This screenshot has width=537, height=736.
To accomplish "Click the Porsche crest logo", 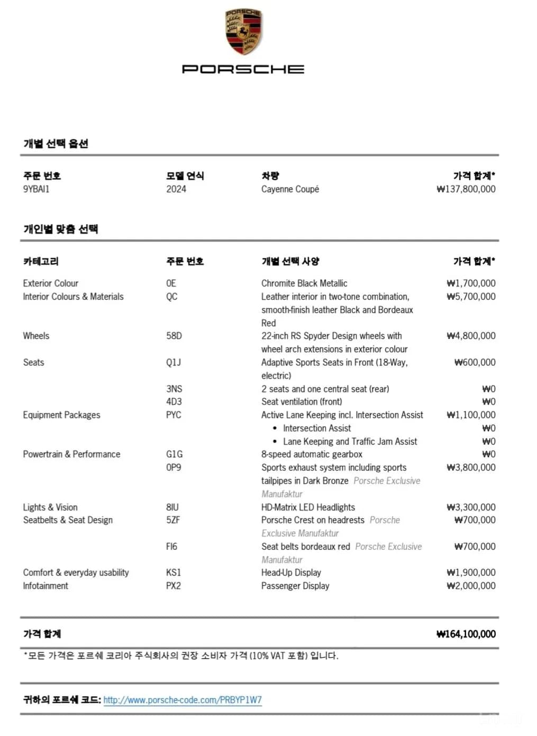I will (x=243, y=32).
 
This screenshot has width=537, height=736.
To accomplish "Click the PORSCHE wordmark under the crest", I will (x=243, y=69).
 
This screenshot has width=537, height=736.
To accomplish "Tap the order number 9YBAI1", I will (x=36, y=189).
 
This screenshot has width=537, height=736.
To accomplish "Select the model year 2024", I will (x=176, y=189).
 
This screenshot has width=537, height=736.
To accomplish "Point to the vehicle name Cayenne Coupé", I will (x=290, y=189).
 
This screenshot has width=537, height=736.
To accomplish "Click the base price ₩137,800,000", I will (x=466, y=189).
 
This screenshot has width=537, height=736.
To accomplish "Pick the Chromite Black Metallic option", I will (x=304, y=283).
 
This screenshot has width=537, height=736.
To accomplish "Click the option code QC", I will (x=172, y=297).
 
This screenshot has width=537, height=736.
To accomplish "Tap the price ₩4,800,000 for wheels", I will (x=471, y=336).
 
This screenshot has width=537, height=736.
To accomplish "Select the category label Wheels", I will (x=36, y=336).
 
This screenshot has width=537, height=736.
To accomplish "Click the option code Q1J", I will (x=174, y=362).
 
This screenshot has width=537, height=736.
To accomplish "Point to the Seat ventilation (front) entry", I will (x=302, y=402).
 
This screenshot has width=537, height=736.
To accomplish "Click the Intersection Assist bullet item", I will (x=317, y=428).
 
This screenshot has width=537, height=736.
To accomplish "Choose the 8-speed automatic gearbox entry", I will (x=312, y=454).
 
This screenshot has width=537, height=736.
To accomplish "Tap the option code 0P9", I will (x=174, y=467).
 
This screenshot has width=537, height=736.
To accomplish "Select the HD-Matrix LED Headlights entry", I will (x=308, y=507).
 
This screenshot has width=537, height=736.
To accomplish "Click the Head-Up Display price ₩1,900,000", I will (x=471, y=573).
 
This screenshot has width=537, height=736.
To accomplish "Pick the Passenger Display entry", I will (x=295, y=586).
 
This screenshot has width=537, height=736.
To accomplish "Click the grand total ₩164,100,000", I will (x=466, y=634).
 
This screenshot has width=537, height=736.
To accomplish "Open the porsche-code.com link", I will (x=183, y=700).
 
